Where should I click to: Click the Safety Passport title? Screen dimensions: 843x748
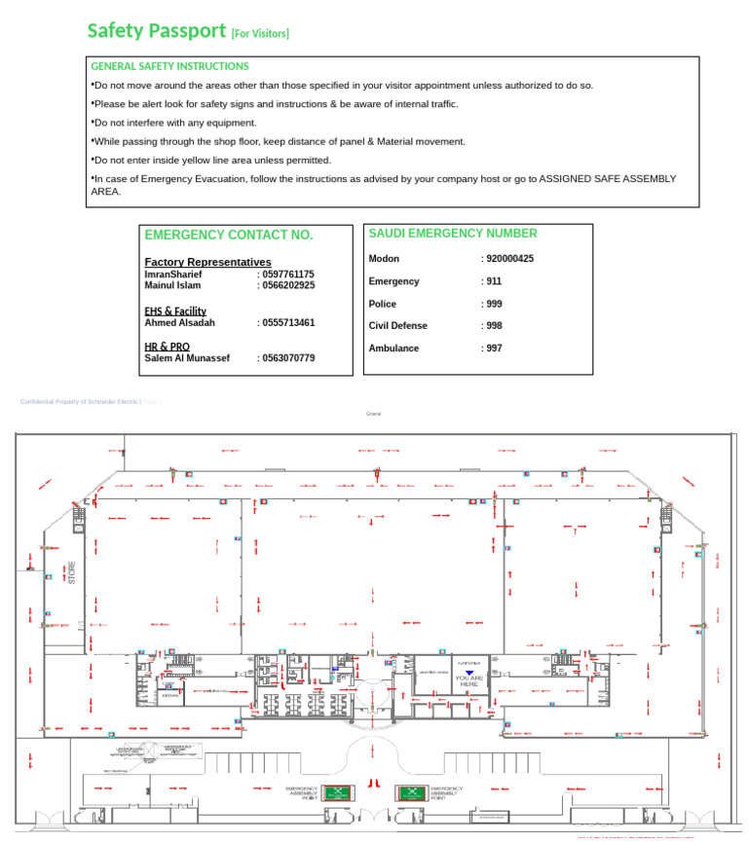[x=156, y=31]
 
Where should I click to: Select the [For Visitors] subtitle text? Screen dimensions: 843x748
[x=260, y=34]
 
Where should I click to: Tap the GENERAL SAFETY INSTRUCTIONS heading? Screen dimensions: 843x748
[x=169, y=66]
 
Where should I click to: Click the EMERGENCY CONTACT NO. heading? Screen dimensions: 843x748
[x=229, y=236]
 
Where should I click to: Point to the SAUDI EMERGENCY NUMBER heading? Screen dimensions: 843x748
[x=453, y=234]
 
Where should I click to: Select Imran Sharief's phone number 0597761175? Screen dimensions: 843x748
[x=288, y=275]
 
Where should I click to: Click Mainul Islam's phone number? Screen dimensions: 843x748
[x=288, y=285]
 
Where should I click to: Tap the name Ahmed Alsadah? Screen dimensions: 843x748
[x=179, y=322]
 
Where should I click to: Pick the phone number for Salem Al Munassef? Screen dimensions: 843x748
[x=288, y=358]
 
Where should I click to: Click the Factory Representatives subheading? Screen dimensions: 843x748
[x=207, y=262]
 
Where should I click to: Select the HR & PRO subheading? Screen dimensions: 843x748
[x=167, y=347]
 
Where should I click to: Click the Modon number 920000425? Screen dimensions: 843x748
[x=509, y=259]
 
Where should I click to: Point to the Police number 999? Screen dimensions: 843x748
[x=494, y=304]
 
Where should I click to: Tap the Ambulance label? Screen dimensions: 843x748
[x=393, y=348]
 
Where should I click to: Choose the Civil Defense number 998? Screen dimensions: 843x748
[x=494, y=326]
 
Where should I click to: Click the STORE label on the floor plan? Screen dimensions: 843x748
[x=71, y=571]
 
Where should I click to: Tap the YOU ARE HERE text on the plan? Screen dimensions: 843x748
[x=469, y=681]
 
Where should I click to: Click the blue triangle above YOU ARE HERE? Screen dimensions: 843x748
[x=469, y=673]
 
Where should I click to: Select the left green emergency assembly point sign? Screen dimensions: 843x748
[x=338, y=793]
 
